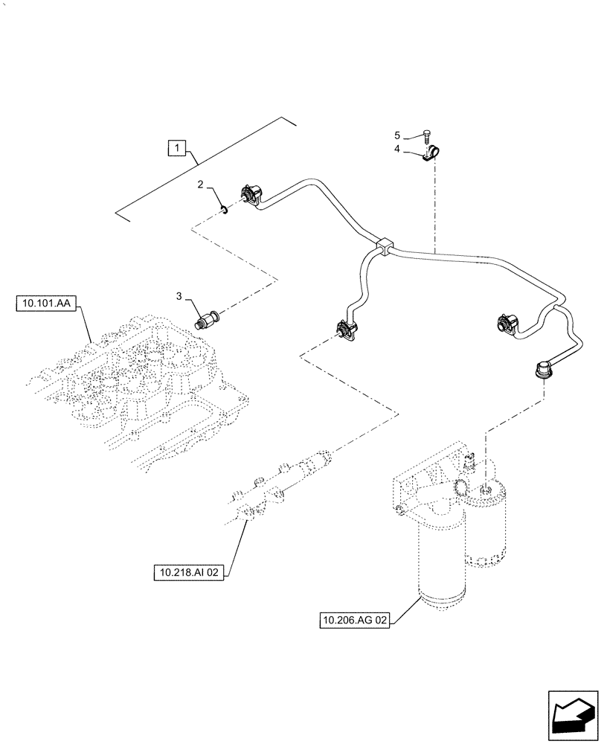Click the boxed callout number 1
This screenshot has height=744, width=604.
coord(176,148)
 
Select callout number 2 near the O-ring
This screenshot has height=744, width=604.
coord(200,184)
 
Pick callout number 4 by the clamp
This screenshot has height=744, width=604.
coord(397,150)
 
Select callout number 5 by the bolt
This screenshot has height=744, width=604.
coord(397,135)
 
